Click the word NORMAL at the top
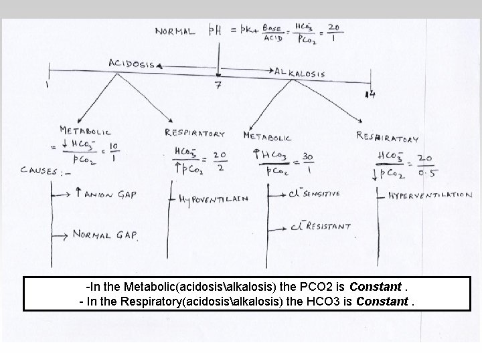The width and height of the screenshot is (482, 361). click(x=175, y=31)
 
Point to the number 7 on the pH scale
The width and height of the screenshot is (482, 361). click(x=218, y=86)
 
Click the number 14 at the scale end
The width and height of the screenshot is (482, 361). click(x=370, y=96)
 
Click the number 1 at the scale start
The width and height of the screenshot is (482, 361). click(x=47, y=85)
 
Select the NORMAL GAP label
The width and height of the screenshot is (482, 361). click(x=105, y=235)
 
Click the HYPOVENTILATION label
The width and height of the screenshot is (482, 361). click(x=214, y=199)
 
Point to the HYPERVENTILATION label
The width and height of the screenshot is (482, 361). click(x=430, y=196)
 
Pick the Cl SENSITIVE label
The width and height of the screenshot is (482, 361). click(x=314, y=193)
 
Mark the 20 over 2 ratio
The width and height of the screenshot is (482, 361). click(x=219, y=160)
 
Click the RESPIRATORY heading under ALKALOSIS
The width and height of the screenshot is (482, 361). click(x=388, y=138)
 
